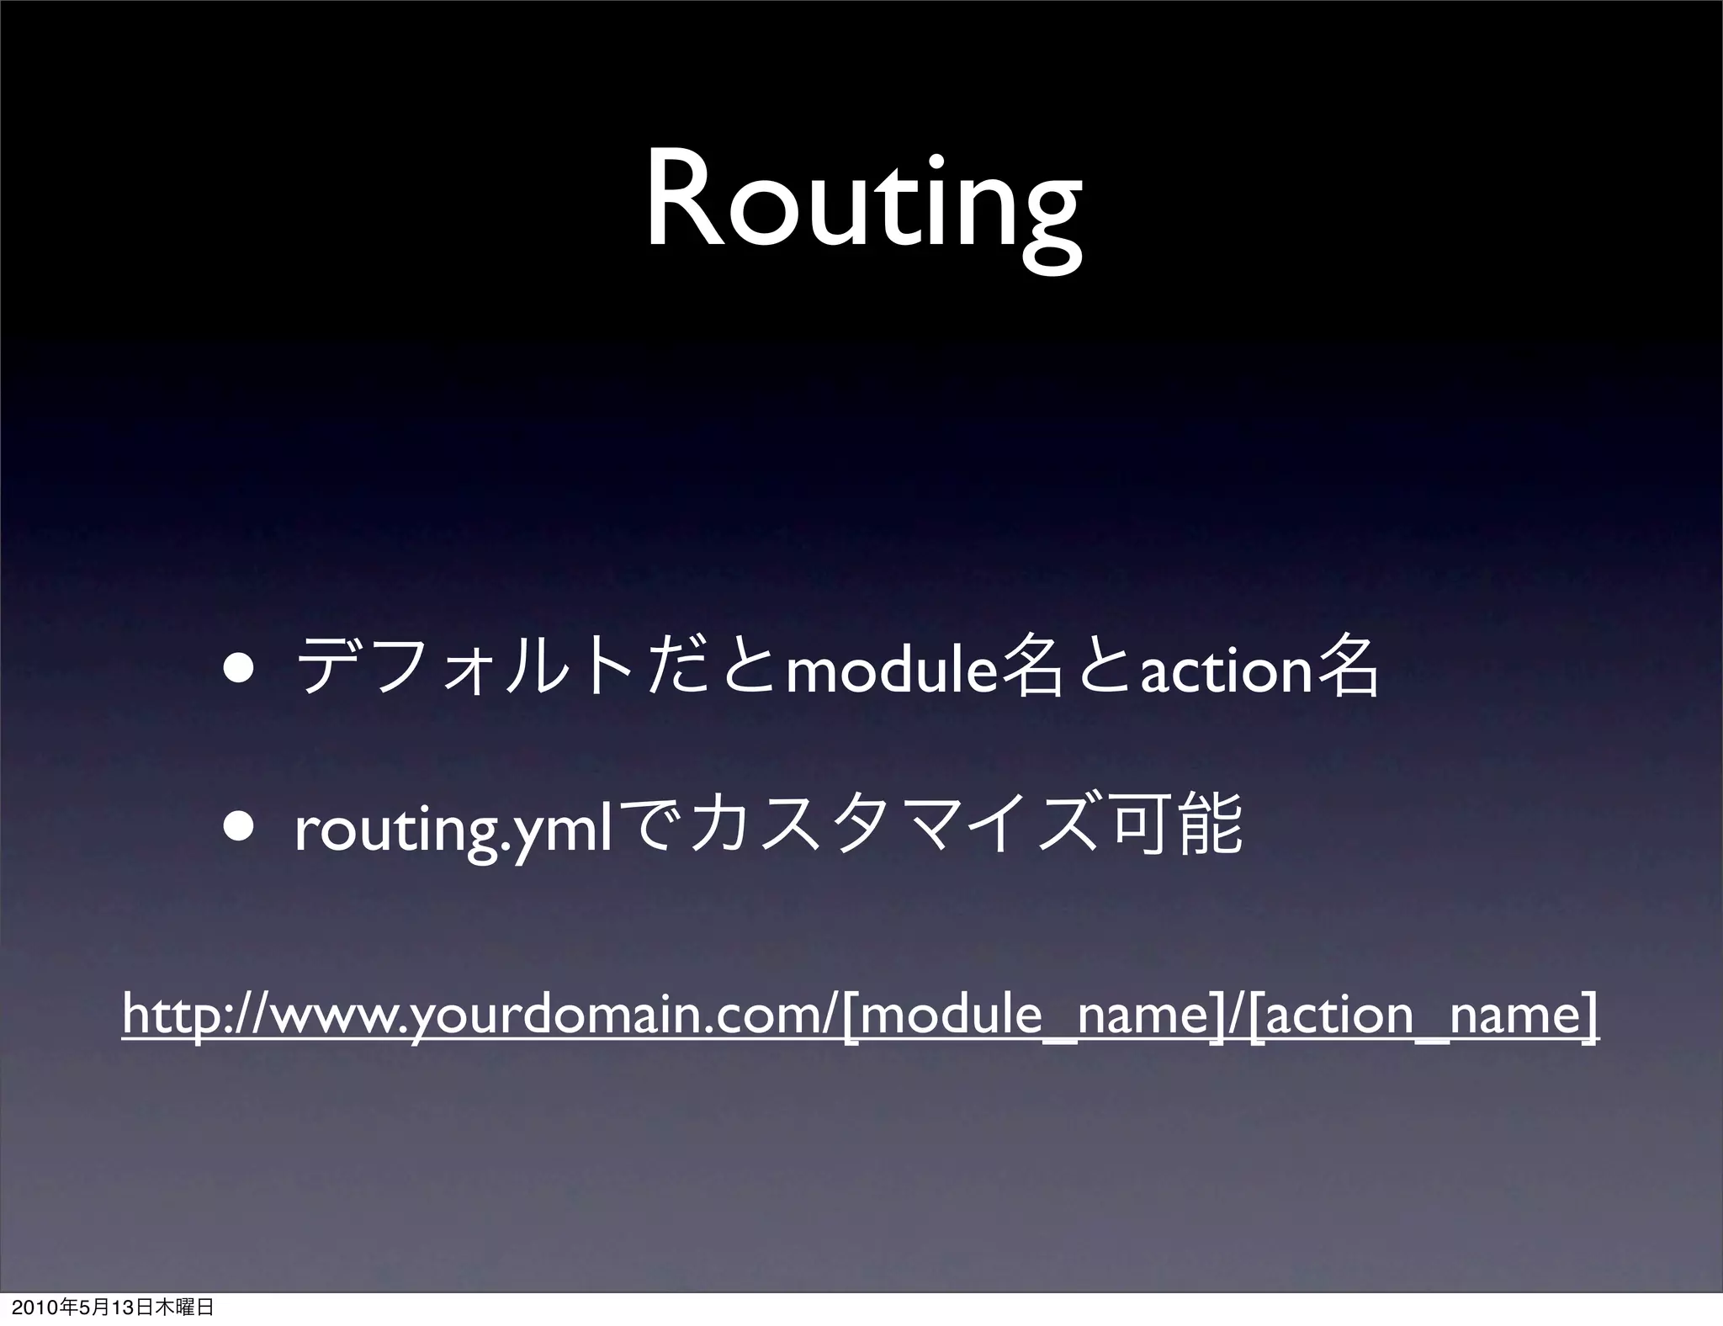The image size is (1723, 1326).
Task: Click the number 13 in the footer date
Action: click(123, 1308)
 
